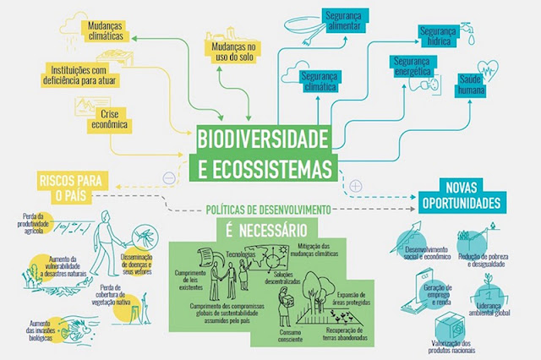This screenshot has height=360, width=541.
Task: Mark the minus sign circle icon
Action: tap(170, 177)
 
